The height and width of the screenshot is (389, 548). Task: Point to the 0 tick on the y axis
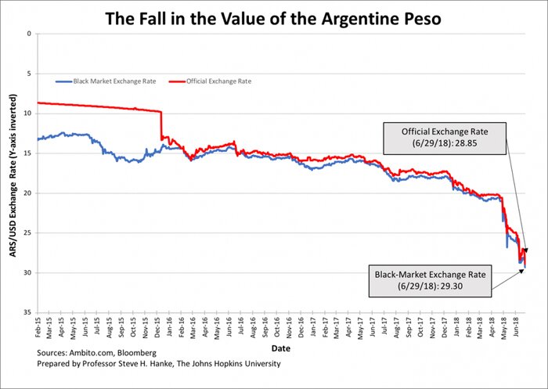coord(28,34)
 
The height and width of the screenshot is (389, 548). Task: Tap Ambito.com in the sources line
coord(88,354)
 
